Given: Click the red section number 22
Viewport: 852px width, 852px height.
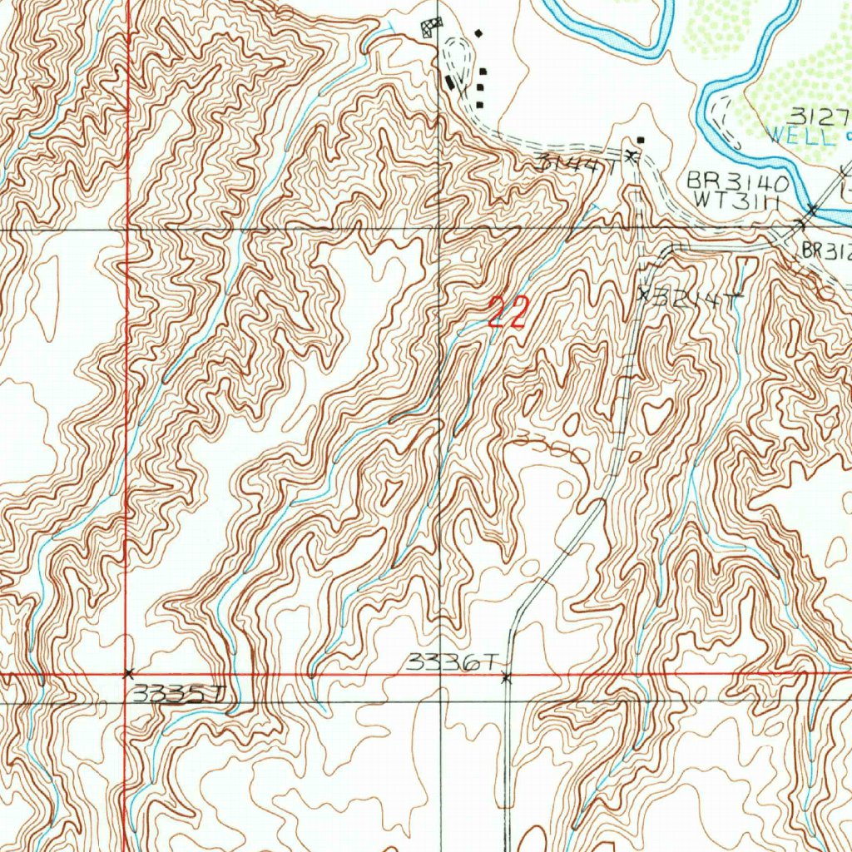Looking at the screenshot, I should click(x=508, y=313).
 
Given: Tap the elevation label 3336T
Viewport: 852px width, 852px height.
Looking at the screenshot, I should click(x=453, y=663).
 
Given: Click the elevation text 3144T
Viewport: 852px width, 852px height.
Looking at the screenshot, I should click(x=576, y=163).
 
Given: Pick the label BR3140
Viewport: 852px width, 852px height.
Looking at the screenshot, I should click(x=733, y=182).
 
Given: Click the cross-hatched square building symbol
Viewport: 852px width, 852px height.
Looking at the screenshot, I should click(x=431, y=27).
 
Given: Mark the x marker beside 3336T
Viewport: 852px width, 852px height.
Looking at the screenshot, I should click(x=506, y=678).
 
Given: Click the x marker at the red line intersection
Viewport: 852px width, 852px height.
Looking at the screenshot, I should click(x=127, y=672).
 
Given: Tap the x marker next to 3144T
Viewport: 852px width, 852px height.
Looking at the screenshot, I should click(x=632, y=156).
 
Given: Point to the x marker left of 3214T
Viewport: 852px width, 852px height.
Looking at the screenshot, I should click(x=642, y=293).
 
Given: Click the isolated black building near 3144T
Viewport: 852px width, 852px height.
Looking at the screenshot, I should click(x=640, y=140).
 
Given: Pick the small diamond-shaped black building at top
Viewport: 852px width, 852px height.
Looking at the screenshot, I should click(x=478, y=33).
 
